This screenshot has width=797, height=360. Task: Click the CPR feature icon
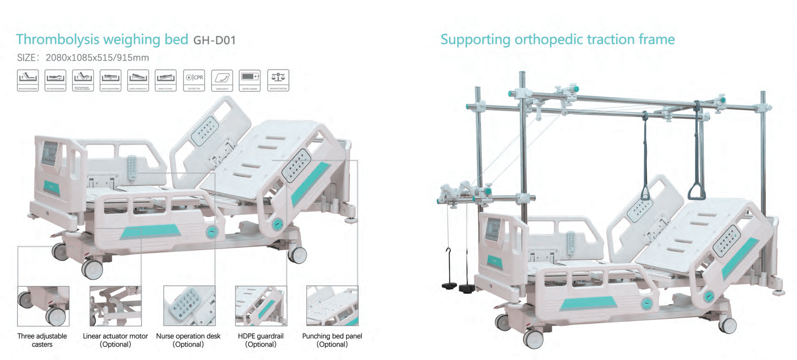coord(194,80)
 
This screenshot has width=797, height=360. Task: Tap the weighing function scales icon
coord(278,80)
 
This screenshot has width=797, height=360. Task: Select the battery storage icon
coord(250,80)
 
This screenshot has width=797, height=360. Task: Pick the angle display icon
coord(222,80)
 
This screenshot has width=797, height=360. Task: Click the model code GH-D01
coord(214,40)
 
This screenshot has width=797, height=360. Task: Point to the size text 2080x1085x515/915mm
coord(97,58)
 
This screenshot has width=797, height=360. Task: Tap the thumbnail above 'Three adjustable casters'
coord(43,306)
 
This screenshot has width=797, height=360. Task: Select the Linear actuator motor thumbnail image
coord(116,306)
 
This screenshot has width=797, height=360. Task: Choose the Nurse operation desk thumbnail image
coord(189,306)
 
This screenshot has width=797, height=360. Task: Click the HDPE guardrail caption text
coord(260,340)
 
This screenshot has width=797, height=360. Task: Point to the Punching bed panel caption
coord(332,340)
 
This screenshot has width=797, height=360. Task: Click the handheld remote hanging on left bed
coord(132,168)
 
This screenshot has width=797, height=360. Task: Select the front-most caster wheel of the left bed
coord(92,269)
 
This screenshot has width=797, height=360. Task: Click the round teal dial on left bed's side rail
coord(212,232)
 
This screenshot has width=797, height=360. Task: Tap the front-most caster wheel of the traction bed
coord(534,339)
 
